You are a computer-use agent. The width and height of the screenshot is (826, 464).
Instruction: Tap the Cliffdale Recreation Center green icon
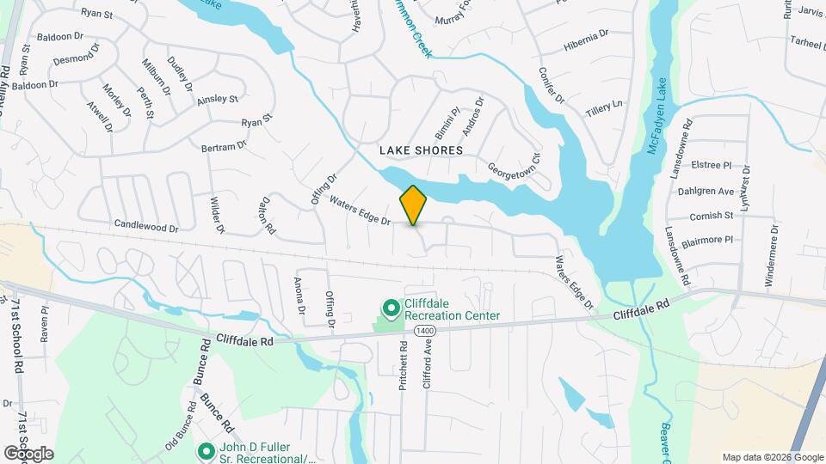click(390, 308)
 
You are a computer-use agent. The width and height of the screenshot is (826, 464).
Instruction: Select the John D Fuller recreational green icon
click(206, 450)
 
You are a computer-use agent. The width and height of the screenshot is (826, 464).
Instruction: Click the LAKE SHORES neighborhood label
click(422, 150)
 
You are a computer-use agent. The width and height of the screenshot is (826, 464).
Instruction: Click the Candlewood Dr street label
click(145, 227)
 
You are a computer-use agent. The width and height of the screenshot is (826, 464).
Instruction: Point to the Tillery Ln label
click(603, 107)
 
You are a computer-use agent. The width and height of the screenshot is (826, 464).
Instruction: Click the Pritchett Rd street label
click(403, 366)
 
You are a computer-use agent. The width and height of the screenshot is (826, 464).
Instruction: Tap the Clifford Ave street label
click(427, 365)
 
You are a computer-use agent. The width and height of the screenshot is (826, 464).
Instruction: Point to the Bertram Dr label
click(224, 147)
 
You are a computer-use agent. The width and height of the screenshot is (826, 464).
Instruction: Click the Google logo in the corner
click(28, 453)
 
